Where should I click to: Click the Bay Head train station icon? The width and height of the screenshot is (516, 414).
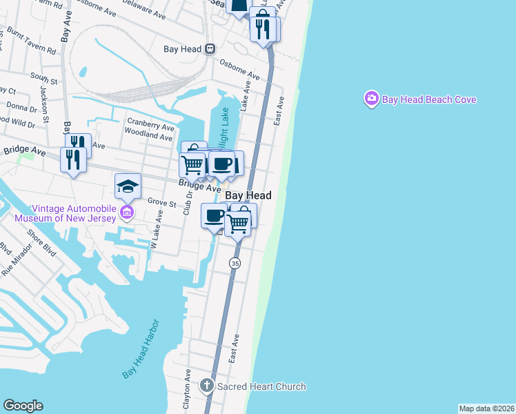click(x=210, y=49)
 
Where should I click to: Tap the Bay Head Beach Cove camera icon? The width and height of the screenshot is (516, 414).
click(x=372, y=99)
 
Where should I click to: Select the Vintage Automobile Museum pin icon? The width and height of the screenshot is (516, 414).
click(x=127, y=212)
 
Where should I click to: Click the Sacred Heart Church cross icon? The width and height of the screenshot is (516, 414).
click(x=207, y=386)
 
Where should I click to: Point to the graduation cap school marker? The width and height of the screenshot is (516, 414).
click(x=128, y=186)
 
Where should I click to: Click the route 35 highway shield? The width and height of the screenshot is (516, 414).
click(x=235, y=264)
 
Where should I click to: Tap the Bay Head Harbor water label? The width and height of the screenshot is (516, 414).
click(x=141, y=348)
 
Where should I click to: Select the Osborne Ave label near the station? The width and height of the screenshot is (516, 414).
click(x=239, y=67)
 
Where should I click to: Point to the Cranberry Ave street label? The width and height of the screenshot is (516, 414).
click(x=150, y=126)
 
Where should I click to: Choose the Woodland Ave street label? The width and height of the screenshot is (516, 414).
click(x=149, y=137)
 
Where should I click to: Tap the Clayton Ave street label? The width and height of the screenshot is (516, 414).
click(x=187, y=390)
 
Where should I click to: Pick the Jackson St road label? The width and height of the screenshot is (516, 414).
click(x=43, y=99)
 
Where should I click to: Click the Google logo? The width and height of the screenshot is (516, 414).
click(x=23, y=406)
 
